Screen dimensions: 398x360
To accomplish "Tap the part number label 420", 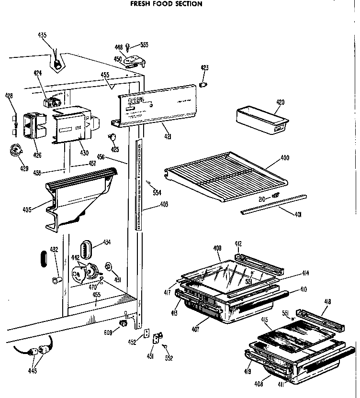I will click(x=281, y=102).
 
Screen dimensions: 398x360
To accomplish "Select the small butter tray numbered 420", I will click(x=262, y=119).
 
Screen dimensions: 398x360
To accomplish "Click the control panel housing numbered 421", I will click(x=156, y=105).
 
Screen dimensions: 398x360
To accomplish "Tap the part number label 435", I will click(x=43, y=35).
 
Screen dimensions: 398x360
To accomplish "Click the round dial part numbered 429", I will click(x=17, y=151).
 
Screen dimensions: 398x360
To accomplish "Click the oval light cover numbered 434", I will click(x=85, y=249).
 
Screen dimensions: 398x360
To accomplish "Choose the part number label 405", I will click(x=26, y=209).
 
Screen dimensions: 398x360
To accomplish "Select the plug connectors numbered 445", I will click(x=38, y=354).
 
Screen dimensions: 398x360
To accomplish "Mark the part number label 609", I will click(x=109, y=332).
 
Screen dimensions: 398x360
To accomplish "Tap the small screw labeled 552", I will click(x=169, y=358).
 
